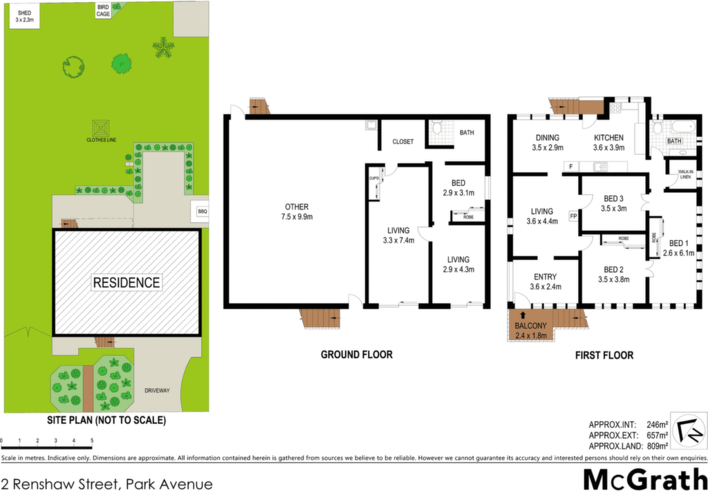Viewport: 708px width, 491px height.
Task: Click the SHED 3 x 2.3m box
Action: pyautogui.click(x=21, y=15)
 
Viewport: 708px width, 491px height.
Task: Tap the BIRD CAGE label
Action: pyautogui.click(x=103, y=11)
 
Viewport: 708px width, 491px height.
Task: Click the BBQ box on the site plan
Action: pyautogui.click(x=201, y=211)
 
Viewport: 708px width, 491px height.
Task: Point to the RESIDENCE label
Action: pyautogui.click(x=127, y=283)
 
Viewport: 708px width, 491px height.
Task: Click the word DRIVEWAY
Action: pyautogui.click(x=157, y=391)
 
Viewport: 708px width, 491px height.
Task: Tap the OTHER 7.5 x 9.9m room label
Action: pyautogui.click(x=296, y=212)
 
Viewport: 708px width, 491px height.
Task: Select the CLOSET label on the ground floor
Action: pyautogui.click(x=403, y=142)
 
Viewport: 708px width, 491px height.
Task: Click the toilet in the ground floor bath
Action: pyautogui.click(x=436, y=129)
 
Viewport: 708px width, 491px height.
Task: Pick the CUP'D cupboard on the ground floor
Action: pyautogui.click(x=374, y=183)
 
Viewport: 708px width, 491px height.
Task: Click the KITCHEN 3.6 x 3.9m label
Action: pyautogui.click(x=608, y=142)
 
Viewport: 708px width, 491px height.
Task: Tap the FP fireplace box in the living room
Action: pyautogui.click(x=573, y=216)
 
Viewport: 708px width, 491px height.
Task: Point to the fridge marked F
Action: pyautogui.click(x=570, y=167)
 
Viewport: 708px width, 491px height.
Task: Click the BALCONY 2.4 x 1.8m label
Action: pyautogui.click(x=530, y=331)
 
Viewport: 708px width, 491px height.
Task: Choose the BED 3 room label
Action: pyautogui.click(x=614, y=203)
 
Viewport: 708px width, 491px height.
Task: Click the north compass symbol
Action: pyautogui.click(x=688, y=429)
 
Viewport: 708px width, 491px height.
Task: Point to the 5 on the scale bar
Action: pyautogui.click(x=92, y=441)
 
